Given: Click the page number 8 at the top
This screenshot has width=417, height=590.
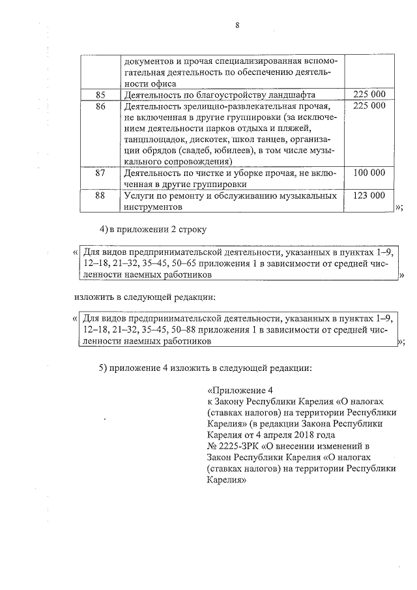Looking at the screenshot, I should pos(237,25).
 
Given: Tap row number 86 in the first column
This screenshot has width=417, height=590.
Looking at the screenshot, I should pos(100,107).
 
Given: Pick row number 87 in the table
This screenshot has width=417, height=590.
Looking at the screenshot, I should pos(100,173).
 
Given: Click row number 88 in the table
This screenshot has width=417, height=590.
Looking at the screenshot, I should pos(100,195).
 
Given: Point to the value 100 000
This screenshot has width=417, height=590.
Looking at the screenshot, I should pos(369,173).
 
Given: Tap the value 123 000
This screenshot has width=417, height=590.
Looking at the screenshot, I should pos(369,195).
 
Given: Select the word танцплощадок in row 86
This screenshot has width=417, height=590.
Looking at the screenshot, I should pos(154,140).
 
